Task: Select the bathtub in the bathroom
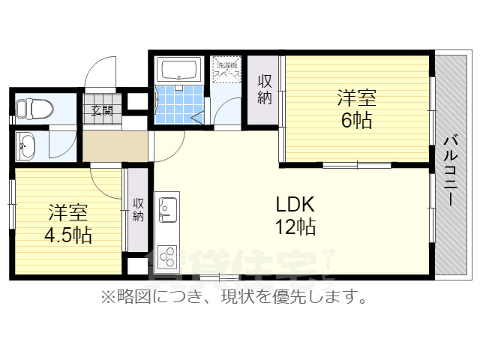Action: tap(178, 70)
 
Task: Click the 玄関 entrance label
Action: tap(102, 111)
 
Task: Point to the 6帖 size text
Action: tap(356, 119)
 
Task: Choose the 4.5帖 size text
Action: tap(67, 235)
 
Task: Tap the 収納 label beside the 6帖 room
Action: tap(265, 89)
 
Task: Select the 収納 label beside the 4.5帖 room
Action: tap(139, 209)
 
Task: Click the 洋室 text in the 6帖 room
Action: tap(356, 97)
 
